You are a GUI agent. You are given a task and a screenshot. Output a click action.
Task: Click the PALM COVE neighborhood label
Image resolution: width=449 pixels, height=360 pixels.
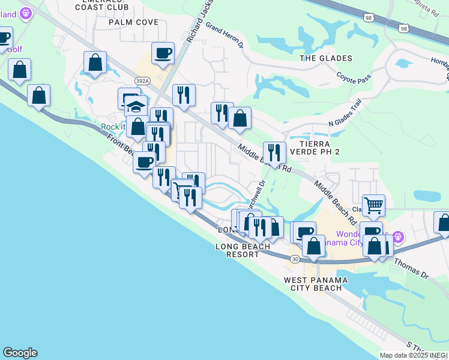coord(133,22)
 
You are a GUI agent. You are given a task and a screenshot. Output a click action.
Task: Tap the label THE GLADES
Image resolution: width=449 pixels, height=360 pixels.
coord(325,58)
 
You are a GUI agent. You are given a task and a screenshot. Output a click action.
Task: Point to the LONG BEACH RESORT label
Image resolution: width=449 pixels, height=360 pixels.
coord(238,250)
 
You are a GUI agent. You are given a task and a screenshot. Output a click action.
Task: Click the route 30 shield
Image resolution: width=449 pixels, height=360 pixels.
coord(294,259)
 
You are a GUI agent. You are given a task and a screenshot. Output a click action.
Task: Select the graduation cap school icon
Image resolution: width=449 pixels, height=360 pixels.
coord(136,107)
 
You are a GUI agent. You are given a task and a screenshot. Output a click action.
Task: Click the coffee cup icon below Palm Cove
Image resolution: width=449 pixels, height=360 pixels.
coord(163,53)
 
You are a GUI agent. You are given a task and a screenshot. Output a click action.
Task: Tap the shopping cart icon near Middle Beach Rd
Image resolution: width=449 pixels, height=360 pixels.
coord(373,205)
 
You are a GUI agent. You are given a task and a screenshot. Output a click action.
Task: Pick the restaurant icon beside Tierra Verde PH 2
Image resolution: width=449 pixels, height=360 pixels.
coord(274,152)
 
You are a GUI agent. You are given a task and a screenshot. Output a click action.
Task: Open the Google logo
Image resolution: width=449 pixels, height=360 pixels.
coord(20,353)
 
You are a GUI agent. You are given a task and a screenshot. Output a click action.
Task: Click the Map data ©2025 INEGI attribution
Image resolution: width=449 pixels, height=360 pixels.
coord(414,355)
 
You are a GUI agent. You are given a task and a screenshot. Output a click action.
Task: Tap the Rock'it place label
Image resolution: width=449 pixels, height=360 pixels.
coord(112,127)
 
